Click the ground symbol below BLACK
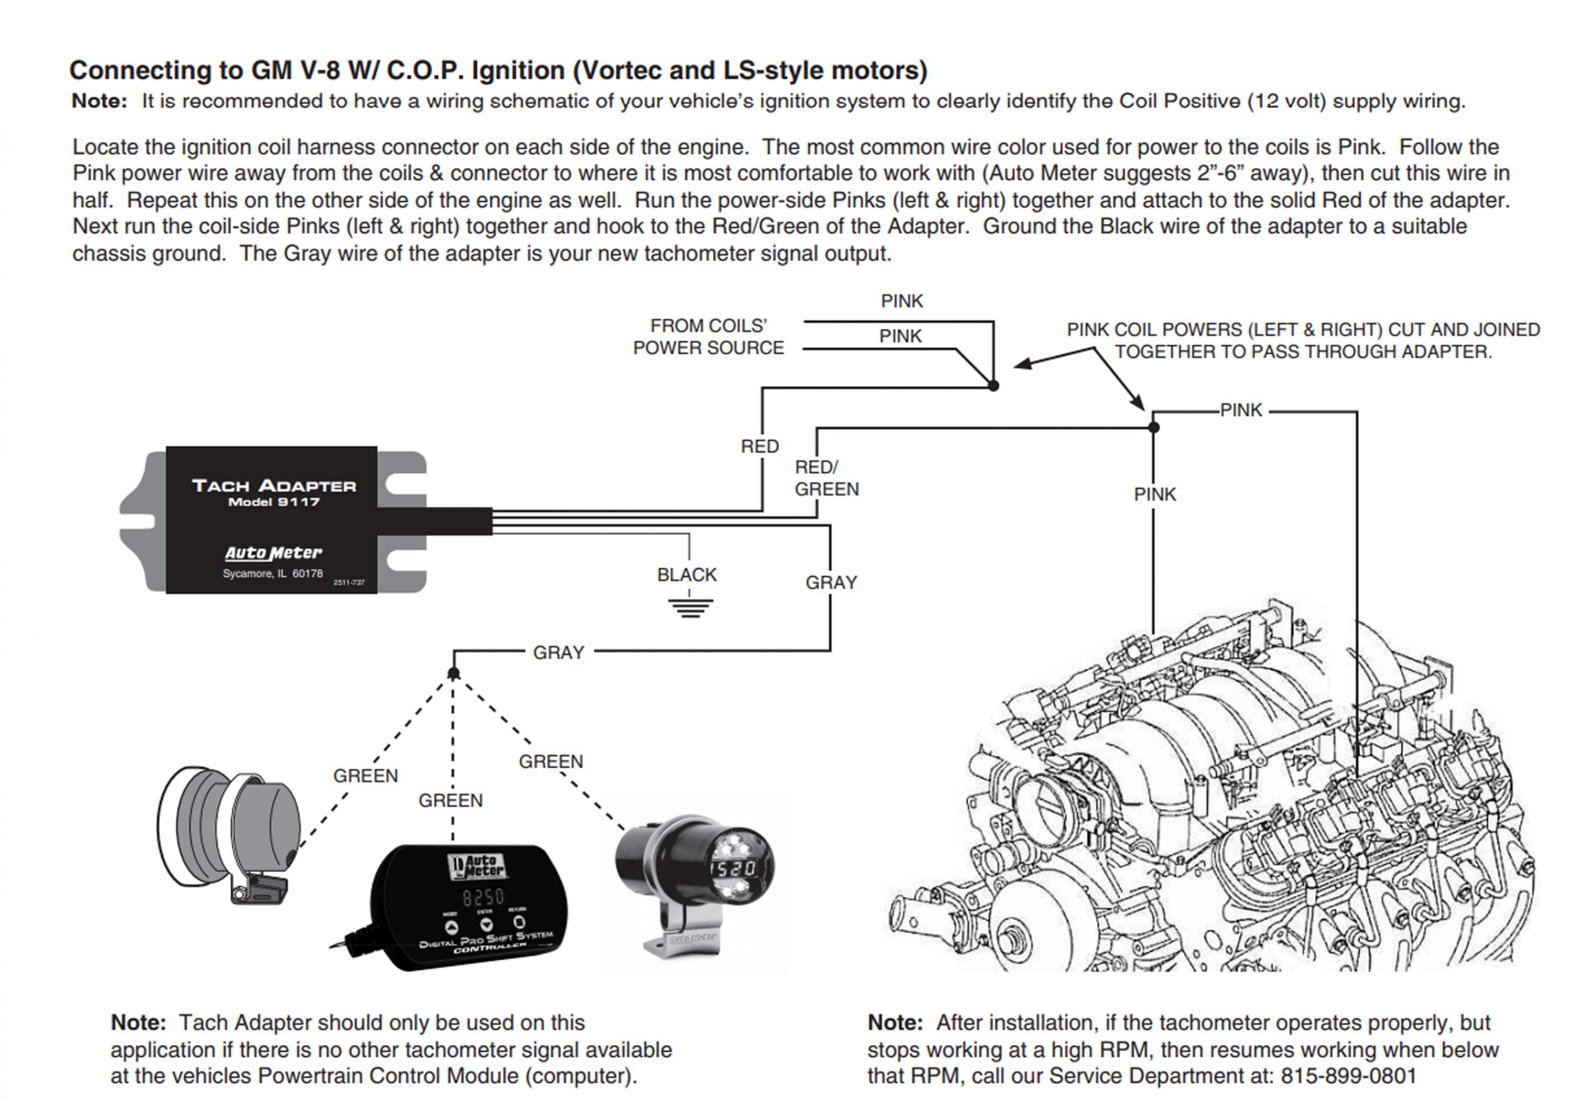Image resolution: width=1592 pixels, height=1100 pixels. point(690,607)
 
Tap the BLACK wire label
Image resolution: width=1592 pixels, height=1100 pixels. point(687,575)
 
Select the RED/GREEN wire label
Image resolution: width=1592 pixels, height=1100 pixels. point(826,478)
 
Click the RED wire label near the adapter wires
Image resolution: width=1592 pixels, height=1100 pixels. point(759,446)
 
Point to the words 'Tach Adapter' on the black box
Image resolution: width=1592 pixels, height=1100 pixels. point(274,486)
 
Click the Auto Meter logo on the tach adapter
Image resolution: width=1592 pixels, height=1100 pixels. point(274,553)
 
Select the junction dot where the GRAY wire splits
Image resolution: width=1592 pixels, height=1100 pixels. point(453,673)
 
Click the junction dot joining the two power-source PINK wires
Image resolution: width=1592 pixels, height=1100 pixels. point(993,386)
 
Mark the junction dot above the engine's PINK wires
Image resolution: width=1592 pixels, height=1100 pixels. point(1154,428)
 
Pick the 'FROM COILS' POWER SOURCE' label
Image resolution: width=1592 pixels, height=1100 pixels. point(708,336)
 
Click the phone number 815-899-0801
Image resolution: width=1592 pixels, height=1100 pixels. point(1348,1076)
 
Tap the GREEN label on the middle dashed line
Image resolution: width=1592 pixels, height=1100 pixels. point(451,800)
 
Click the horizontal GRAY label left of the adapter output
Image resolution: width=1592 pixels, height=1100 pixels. point(558,652)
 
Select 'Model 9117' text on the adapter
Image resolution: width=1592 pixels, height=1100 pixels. point(274,502)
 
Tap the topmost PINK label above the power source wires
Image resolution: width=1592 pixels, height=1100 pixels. point(902,301)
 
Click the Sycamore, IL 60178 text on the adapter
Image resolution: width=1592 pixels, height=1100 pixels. point(272,573)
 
